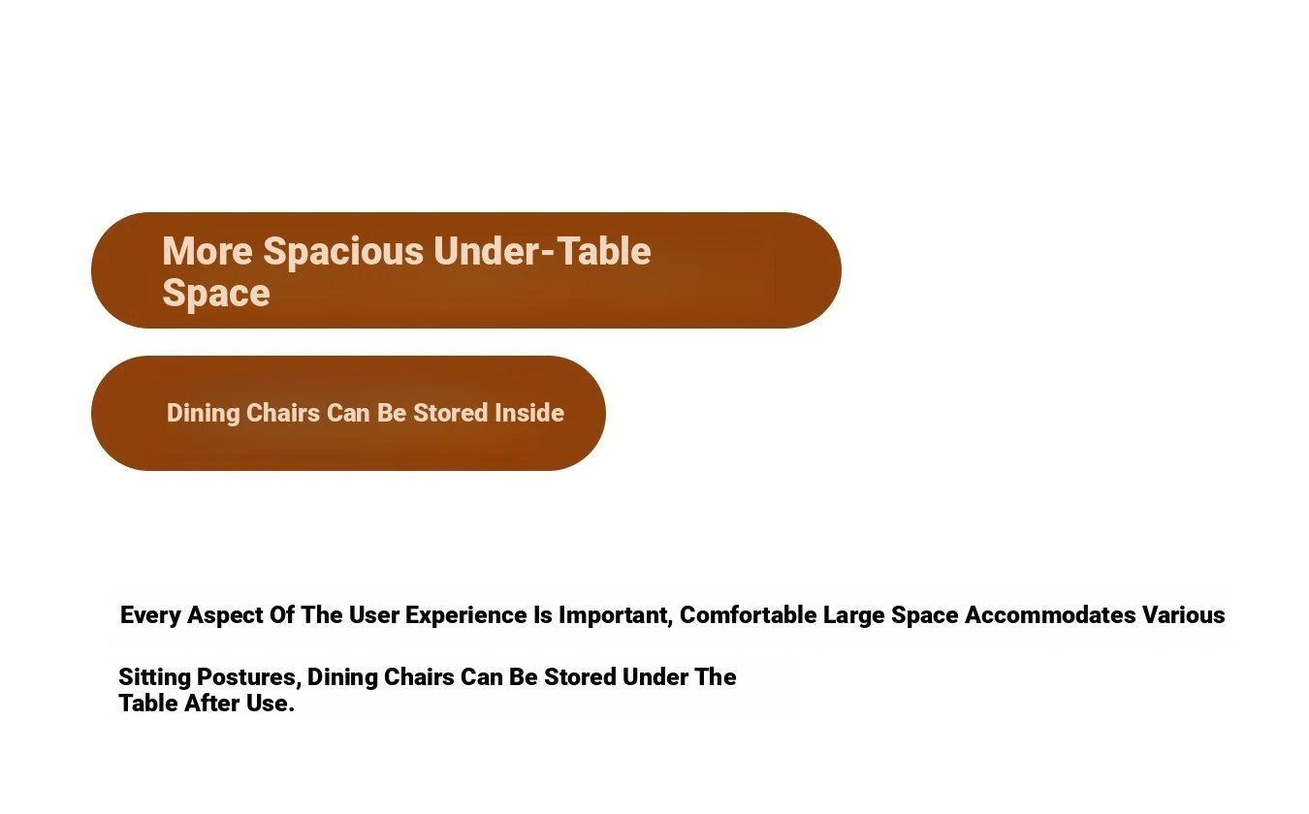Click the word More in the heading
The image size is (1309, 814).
coord(208,251)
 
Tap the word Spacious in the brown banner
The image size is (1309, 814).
coord(343,253)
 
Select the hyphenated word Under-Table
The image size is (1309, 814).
coord(542,251)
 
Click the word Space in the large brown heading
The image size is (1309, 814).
coord(216,294)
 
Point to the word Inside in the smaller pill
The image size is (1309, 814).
coord(529,413)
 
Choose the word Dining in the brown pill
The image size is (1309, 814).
coord(204,414)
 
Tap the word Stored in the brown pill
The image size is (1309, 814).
coord(451,413)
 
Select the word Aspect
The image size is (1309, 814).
coord(225,616)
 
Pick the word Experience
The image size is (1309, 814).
coord(466,616)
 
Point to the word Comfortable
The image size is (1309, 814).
coord(748,615)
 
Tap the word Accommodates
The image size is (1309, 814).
coord(1050,615)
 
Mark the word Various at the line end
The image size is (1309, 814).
coord(1183,615)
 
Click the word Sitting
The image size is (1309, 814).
coord(155,678)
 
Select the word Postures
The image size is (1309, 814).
coord(249,677)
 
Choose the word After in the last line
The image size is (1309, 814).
coord(212,704)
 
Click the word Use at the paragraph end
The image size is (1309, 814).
coord(270,704)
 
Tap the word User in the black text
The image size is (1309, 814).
coord(374,615)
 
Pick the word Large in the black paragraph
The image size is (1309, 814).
coord(854,616)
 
